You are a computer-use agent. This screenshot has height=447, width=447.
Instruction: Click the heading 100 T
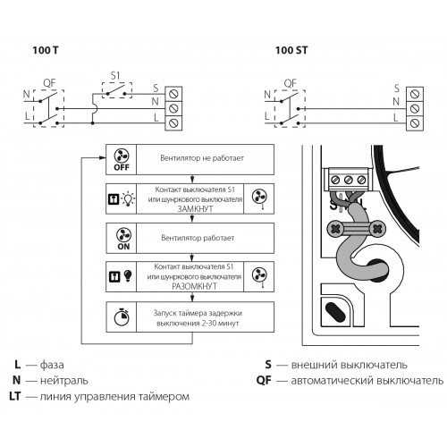point(46,50)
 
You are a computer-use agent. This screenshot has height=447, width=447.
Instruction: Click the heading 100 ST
point(291,50)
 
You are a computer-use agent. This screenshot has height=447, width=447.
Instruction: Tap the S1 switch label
point(115,76)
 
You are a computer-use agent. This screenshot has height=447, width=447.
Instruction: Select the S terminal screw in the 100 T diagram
point(173,94)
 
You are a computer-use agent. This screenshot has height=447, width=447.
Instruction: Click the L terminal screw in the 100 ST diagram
point(415,122)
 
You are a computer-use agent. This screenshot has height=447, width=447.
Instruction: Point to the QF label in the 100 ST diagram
point(290,83)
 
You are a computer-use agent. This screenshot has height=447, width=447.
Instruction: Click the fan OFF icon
point(122,160)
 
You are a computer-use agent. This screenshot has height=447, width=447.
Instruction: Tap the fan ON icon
point(123,239)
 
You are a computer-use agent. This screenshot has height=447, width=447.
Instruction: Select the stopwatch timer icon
point(122,316)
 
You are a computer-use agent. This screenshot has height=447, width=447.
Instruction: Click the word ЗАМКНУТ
point(195,208)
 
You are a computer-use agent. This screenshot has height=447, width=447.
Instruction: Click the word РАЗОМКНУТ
point(194,286)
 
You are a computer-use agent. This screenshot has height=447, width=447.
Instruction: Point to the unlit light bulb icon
point(128,198)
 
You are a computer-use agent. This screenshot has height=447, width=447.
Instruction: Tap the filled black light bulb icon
point(128,276)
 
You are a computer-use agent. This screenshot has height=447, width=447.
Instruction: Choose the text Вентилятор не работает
point(202,158)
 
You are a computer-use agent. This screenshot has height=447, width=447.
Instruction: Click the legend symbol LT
point(15,396)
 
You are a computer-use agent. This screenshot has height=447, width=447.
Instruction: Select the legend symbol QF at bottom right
point(264,381)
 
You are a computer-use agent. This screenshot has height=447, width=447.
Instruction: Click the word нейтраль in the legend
point(64,381)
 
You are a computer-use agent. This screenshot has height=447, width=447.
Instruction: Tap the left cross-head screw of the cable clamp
point(335,229)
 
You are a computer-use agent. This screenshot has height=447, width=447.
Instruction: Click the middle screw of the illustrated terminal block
point(349,180)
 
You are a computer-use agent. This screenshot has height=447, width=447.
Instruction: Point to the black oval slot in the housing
point(335,312)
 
